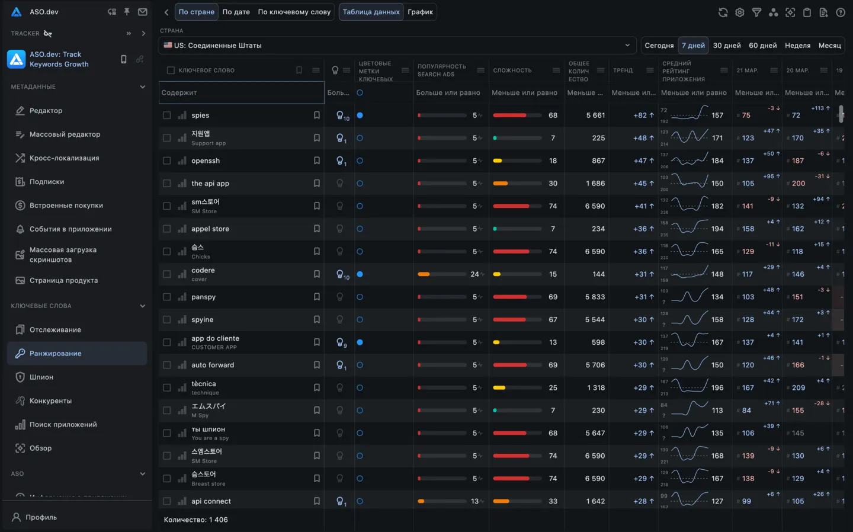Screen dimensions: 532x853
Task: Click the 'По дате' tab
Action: click(x=236, y=12)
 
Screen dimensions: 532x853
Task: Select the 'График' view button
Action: click(x=420, y=12)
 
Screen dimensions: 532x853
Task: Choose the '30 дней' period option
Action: click(x=727, y=46)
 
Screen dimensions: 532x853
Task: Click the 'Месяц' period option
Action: click(x=829, y=46)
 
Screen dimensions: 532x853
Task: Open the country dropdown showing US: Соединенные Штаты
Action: click(x=397, y=46)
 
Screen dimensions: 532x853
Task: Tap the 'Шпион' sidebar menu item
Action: click(x=41, y=377)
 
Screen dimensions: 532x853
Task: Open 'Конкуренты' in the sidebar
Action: click(x=50, y=401)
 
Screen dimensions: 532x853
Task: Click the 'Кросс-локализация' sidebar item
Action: click(x=64, y=158)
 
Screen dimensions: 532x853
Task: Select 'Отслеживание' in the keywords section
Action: click(x=55, y=330)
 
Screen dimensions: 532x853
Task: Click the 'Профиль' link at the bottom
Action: click(x=41, y=517)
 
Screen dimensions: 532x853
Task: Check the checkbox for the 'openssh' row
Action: click(x=167, y=161)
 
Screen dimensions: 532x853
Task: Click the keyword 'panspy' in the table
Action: click(x=203, y=297)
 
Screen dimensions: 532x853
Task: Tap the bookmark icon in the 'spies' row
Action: click(x=317, y=116)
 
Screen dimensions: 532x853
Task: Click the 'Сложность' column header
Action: click(x=512, y=70)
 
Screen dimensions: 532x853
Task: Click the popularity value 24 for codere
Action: click(x=474, y=274)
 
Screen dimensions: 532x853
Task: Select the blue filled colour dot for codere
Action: click(x=360, y=274)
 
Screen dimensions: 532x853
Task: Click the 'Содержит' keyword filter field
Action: click(x=242, y=93)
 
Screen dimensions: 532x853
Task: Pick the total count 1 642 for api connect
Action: click(x=595, y=501)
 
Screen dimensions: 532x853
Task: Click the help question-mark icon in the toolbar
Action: click(x=840, y=12)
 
